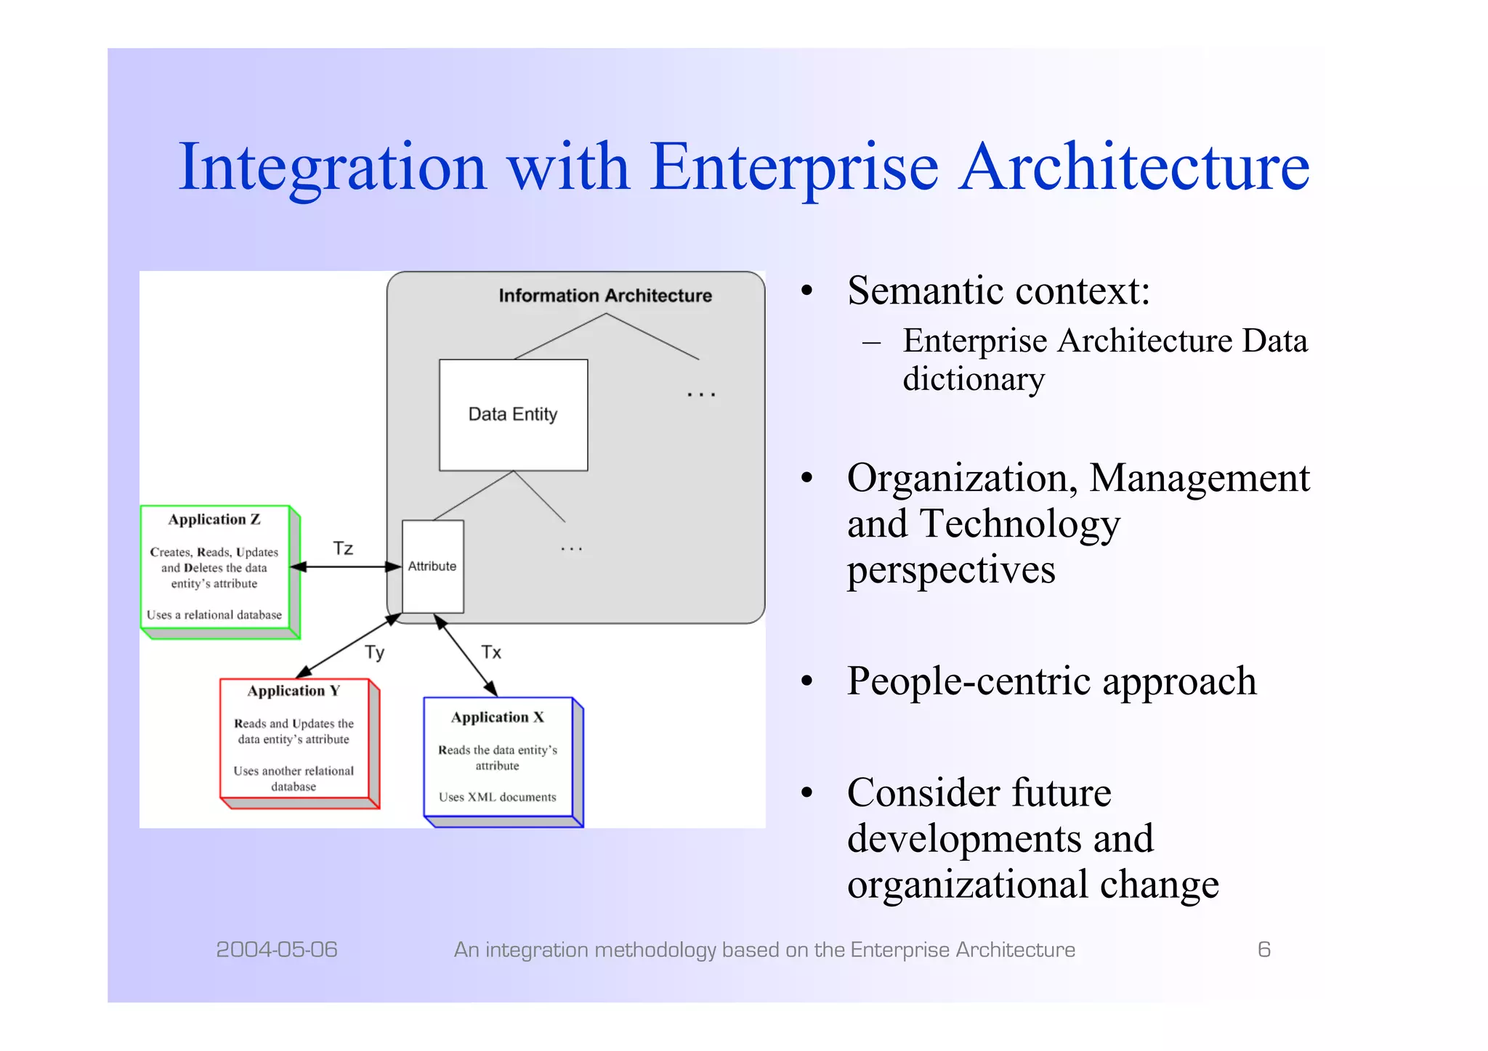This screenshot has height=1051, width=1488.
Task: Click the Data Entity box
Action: point(513,415)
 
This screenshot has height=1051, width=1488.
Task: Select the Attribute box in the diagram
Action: point(432,567)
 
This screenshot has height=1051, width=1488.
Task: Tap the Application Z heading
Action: point(214,519)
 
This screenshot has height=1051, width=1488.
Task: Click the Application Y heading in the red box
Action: point(294,691)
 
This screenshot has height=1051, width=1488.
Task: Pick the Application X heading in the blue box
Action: point(498,718)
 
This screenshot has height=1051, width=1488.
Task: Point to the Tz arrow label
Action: point(343,548)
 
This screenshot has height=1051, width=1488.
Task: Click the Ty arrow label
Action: point(374,652)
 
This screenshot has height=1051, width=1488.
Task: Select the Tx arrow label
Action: point(491,652)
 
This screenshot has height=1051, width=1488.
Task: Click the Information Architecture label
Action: point(604,296)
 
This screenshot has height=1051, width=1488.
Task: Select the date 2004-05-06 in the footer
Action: point(277,949)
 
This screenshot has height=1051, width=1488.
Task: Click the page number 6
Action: point(1263,949)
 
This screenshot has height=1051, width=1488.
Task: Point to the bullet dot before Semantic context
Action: point(806,291)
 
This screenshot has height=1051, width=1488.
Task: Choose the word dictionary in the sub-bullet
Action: point(974,379)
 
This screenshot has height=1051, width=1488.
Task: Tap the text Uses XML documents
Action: point(498,797)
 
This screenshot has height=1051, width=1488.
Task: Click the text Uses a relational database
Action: point(214,614)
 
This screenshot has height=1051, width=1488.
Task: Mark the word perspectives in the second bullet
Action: point(951,569)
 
